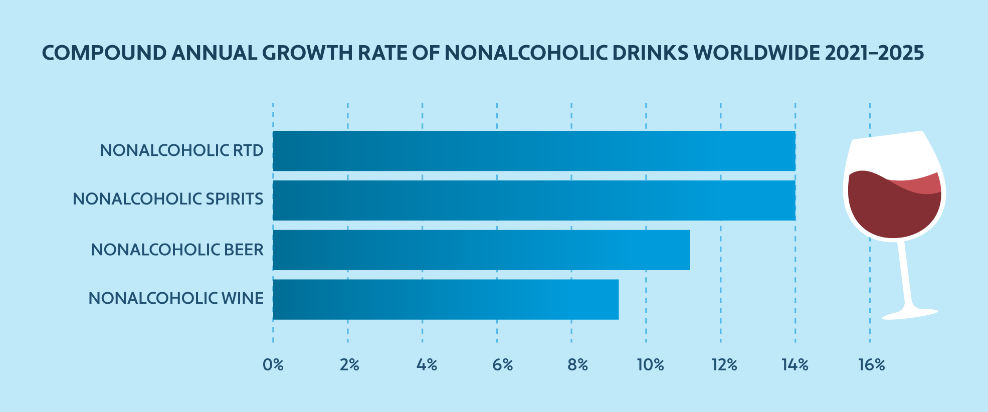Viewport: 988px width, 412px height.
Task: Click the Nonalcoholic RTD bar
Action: pyautogui.click(x=534, y=151)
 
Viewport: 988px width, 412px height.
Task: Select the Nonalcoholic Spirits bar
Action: pyautogui.click(x=534, y=200)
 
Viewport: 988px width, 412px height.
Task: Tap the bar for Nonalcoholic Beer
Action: pyautogui.click(x=481, y=250)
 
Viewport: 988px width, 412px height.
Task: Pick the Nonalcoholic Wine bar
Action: pyautogui.click(x=446, y=299)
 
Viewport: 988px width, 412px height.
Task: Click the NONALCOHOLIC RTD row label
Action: pyautogui.click(x=181, y=150)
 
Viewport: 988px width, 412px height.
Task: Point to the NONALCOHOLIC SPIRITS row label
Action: pyautogui.click(x=168, y=199)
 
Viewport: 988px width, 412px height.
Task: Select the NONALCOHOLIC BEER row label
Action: pyautogui.click(x=177, y=250)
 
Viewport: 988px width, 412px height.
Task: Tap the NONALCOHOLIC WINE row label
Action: pyautogui.click(x=176, y=298)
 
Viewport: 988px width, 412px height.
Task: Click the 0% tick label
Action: pyautogui.click(x=273, y=365)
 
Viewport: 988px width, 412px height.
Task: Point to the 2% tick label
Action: pyautogui.click(x=349, y=365)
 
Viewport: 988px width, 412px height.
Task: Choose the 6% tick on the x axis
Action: pyautogui.click(x=502, y=365)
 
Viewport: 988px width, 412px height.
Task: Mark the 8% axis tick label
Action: pyautogui.click(x=577, y=365)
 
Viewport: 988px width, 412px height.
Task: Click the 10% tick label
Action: pyautogui.click(x=650, y=365)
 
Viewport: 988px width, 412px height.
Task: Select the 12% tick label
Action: pyautogui.click(x=724, y=365)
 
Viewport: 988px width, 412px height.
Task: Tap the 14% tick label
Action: pyautogui.click(x=796, y=365)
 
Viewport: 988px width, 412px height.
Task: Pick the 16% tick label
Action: pyautogui.click(x=871, y=365)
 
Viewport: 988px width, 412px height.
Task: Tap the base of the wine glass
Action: pyautogui.click(x=910, y=314)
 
